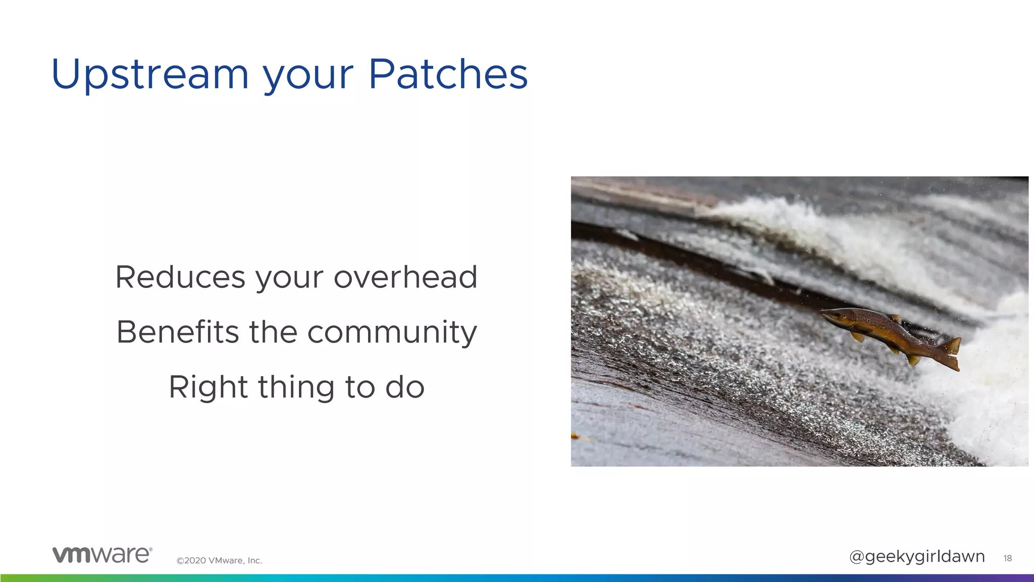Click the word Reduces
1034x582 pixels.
click(180, 277)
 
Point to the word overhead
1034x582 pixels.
click(405, 277)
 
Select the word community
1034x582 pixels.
click(392, 333)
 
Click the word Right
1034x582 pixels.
click(208, 387)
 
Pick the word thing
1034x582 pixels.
click(296, 387)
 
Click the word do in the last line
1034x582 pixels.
click(405, 387)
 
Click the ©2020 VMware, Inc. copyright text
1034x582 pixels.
click(219, 560)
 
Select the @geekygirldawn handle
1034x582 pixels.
click(917, 556)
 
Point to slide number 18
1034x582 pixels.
click(1007, 558)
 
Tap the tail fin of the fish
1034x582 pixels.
click(950, 353)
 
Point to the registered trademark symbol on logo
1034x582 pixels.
click(150, 549)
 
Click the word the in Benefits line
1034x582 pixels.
click(273, 332)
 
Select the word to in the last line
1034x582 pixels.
click(359, 387)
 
